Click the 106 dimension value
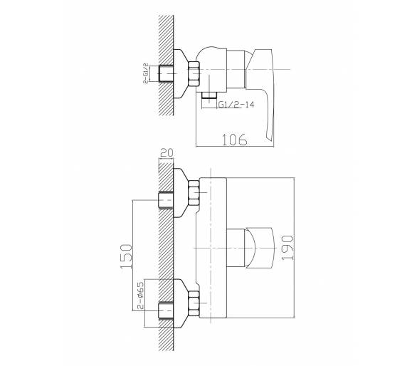[235, 140]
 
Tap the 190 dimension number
[287, 248]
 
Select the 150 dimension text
[126, 256]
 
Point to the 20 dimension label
[167, 153]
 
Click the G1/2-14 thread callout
[236, 105]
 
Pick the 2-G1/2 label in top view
[145, 73]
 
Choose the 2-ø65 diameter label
[141, 296]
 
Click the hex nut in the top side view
[194, 73]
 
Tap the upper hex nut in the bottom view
[194, 193]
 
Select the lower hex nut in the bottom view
[194, 304]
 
